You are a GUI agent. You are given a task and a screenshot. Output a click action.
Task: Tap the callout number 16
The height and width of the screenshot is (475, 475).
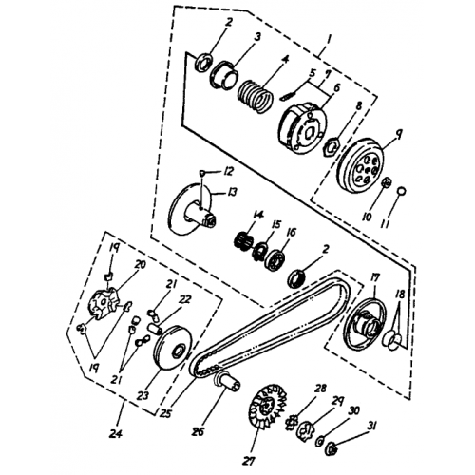pyautogui.click(x=290, y=231)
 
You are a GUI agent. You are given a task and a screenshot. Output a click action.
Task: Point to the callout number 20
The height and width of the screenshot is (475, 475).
pyautogui.click(x=139, y=265)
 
